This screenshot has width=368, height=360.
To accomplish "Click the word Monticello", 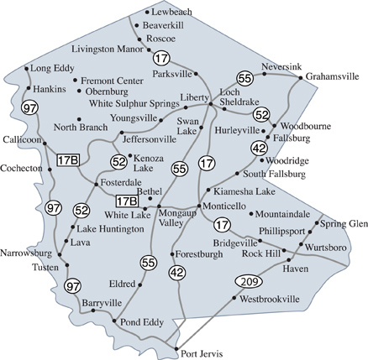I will (224, 206).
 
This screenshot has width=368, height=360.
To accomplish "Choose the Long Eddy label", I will (54, 68).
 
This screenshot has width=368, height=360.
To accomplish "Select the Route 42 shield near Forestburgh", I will (176, 272).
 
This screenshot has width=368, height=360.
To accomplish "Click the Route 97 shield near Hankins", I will (30, 107).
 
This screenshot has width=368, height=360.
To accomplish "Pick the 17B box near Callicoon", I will (68, 159).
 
